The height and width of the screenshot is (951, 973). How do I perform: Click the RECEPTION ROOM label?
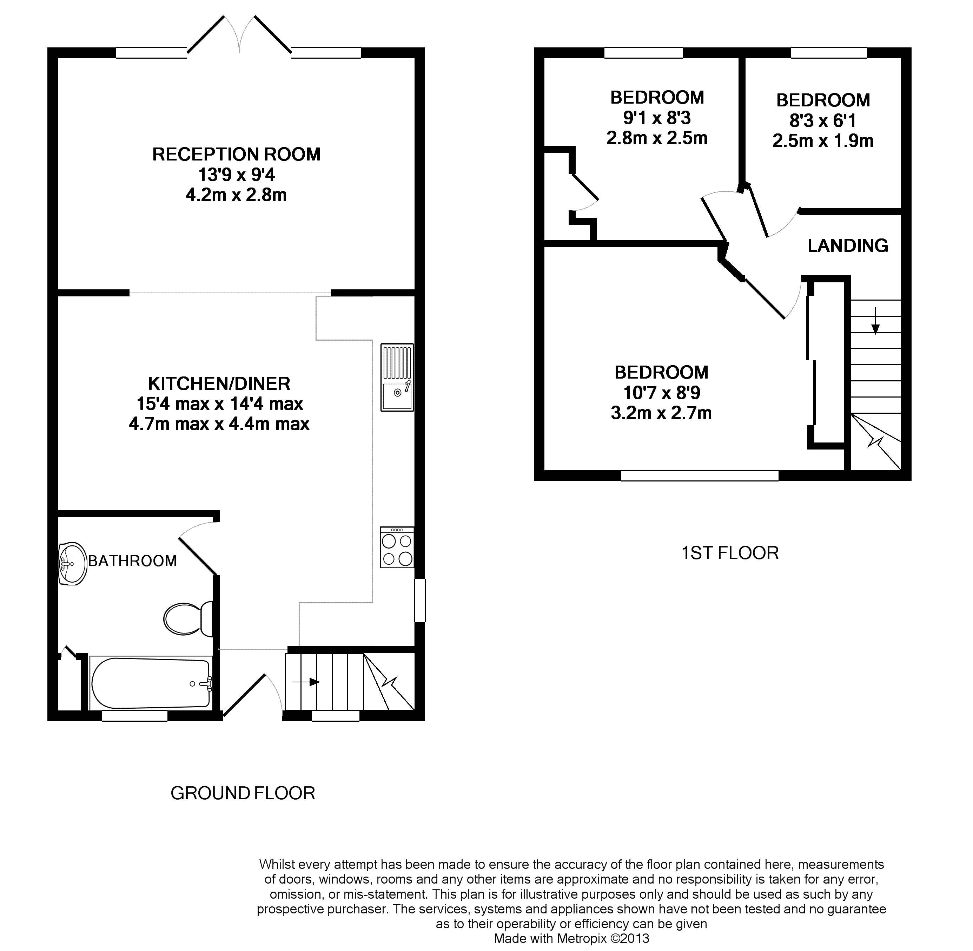[236, 154]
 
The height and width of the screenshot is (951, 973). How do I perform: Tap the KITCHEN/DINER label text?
[219, 383]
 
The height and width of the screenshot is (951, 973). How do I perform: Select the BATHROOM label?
[132, 561]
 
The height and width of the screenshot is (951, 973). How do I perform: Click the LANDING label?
[848, 245]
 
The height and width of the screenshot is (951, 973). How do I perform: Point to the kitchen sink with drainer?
[397, 377]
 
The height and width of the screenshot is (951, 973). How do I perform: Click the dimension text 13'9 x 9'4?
[237, 175]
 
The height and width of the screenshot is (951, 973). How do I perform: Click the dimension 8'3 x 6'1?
[823, 120]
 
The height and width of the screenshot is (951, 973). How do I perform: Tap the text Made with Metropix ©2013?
[571, 938]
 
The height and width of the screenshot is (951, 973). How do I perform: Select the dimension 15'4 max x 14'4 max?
[220, 404]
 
